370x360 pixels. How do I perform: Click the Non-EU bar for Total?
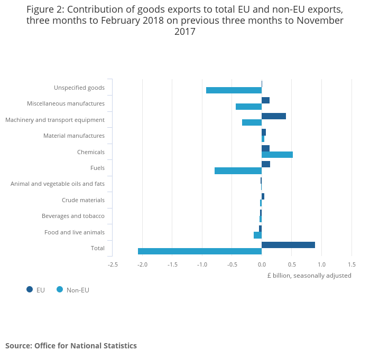tap(200, 251)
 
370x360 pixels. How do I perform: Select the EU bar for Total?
tap(288, 245)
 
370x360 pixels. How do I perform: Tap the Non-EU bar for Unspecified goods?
tap(234, 90)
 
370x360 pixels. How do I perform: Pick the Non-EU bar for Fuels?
tap(238, 170)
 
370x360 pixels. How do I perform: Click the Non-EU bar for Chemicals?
tap(277, 155)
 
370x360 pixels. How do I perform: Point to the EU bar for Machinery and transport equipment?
tap(274, 116)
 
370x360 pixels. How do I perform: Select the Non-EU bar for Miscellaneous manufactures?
tap(248, 107)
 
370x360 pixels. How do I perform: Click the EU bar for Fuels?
tap(266, 164)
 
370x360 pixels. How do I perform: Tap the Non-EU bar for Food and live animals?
tap(257, 235)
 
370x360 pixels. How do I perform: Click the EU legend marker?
tap(30, 289)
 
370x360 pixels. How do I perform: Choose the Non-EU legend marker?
tap(60, 289)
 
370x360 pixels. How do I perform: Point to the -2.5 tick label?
tap(113, 264)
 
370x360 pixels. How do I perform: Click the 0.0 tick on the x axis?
tap(262, 264)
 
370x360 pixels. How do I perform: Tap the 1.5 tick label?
tap(351, 264)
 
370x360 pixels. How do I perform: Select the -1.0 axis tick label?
tap(202, 264)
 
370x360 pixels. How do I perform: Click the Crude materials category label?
tap(83, 200)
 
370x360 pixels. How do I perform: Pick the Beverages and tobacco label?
tap(73, 216)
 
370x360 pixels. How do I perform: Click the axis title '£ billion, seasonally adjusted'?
tap(309, 276)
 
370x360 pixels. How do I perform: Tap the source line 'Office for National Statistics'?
tap(86, 346)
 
